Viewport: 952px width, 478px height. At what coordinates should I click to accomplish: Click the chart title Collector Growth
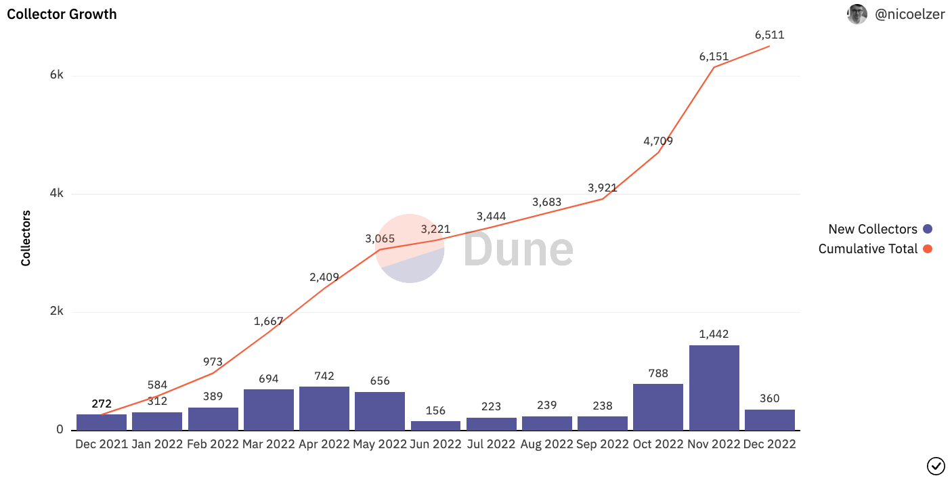point(62,14)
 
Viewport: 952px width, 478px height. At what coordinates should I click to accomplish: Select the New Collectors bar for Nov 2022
point(714,387)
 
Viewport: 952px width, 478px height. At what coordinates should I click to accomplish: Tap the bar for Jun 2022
point(436,425)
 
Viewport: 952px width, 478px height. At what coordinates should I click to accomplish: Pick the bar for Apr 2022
point(324,408)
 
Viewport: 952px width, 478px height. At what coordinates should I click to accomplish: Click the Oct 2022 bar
point(658,407)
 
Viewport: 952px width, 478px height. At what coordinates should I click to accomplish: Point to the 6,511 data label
point(769,35)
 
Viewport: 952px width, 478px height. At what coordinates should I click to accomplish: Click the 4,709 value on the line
point(658,142)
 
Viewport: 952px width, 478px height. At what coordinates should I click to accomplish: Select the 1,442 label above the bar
point(714,334)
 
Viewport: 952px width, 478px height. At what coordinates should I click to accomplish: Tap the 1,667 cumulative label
point(268,321)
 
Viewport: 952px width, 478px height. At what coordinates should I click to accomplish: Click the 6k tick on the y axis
point(57,75)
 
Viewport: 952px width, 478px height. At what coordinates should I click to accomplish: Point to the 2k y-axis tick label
point(57,311)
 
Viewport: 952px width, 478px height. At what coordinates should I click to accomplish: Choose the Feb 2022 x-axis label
point(213,445)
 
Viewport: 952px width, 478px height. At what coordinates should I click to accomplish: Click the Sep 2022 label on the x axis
point(603,445)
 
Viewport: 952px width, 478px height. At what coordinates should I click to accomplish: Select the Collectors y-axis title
point(26,238)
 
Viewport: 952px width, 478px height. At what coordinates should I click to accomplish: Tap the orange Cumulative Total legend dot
point(928,249)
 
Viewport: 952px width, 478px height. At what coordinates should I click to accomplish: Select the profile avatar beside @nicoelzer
point(857,14)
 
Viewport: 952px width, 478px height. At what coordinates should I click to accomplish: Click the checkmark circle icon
point(935,466)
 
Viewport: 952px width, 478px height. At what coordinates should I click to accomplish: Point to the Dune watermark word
point(518,248)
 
